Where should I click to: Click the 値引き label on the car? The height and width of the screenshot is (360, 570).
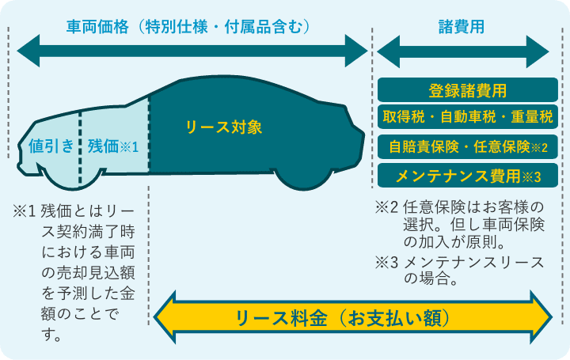point(51,146)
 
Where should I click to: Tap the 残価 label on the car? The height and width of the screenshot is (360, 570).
point(103,146)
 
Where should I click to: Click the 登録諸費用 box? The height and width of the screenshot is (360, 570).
point(467,89)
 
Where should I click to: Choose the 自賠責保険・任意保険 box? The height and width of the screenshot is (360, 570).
point(467,146)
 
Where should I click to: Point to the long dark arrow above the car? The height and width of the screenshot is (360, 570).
point(190,54)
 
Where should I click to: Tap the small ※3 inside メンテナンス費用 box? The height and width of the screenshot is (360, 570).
point(532,176)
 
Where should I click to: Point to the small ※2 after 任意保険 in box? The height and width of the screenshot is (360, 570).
point(539,147)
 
